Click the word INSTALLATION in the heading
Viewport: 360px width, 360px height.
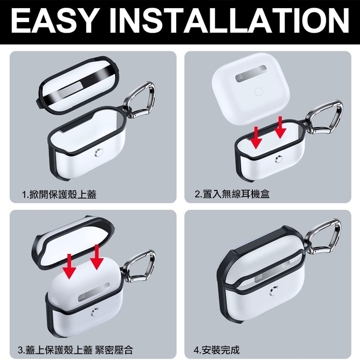tap(229, 21)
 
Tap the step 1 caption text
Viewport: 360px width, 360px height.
tap(59, 194)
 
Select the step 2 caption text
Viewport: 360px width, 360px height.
tap(232, 194)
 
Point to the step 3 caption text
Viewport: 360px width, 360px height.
tap(75, 350)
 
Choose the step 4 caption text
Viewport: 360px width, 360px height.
tap(216, 350)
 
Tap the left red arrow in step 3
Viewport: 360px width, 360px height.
tap(69, 266)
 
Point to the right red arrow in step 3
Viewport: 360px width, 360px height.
tap(96, 257)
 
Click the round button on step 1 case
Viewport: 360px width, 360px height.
tap(98, 153)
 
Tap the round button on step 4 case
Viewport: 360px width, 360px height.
tap(275, 291)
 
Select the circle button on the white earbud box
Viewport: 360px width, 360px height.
tap(259, 92)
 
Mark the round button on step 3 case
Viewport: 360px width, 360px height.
tap(95, 312)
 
